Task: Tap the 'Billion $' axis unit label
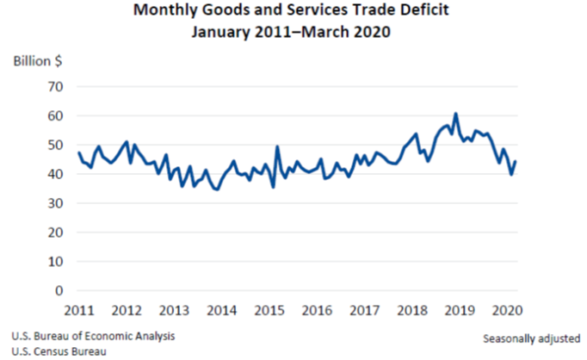(x=35, y=63)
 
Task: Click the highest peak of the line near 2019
(x=455, y=114)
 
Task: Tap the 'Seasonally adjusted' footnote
(x=531, y=338)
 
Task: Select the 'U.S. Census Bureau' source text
(x=58, y=351)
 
